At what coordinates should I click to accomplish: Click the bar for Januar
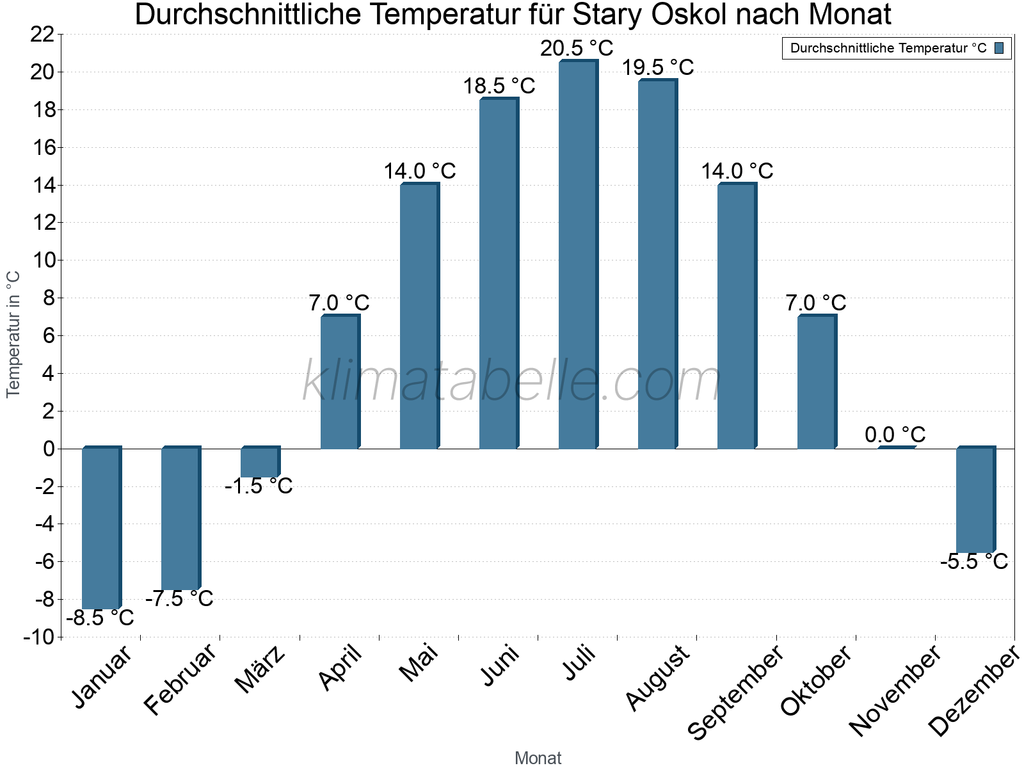(x=101, y=528)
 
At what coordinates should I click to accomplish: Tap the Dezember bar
(x=975, y=500)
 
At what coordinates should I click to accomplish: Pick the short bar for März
(x=260, y=462)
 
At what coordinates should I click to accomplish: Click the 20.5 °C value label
(x=577, y=48)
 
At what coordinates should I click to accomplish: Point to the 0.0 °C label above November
(x=895, y=435)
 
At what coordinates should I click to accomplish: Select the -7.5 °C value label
(x=179, y=599)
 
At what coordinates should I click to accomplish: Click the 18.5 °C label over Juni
(x=499, y=86)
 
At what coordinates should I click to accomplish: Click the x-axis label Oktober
(x=817, y=680)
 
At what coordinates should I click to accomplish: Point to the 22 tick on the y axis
(x=42, y=35)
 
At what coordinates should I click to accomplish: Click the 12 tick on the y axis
(x=42, y=223)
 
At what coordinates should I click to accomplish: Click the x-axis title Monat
(x=538, y=758)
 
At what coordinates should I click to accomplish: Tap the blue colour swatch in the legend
(x=999, y=48)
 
